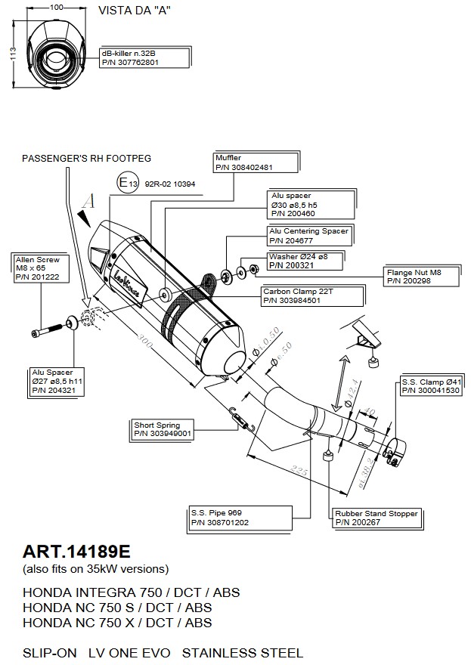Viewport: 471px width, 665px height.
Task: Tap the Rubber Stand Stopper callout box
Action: (376, 518)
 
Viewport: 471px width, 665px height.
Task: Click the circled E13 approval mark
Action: (127, 182)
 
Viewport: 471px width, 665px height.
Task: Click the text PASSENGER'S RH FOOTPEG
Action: (86, 159)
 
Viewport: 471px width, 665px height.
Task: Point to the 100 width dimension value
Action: (56, 7)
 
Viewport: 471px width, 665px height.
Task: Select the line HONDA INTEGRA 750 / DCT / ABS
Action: (131, 592)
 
